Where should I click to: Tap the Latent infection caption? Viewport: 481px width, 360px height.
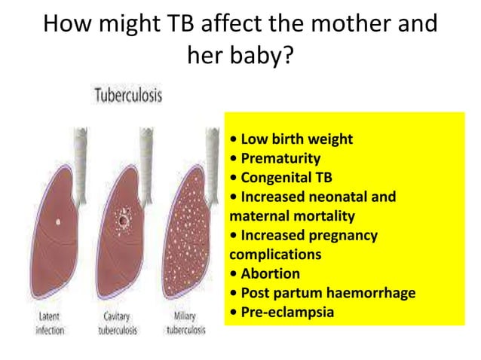pyautogui.click(x=50, y=325)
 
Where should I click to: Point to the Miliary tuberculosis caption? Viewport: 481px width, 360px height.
pyautogui.click(x=188, y=325)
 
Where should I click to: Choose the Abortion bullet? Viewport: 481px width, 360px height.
pyautogui.click(x=268, y=274)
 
